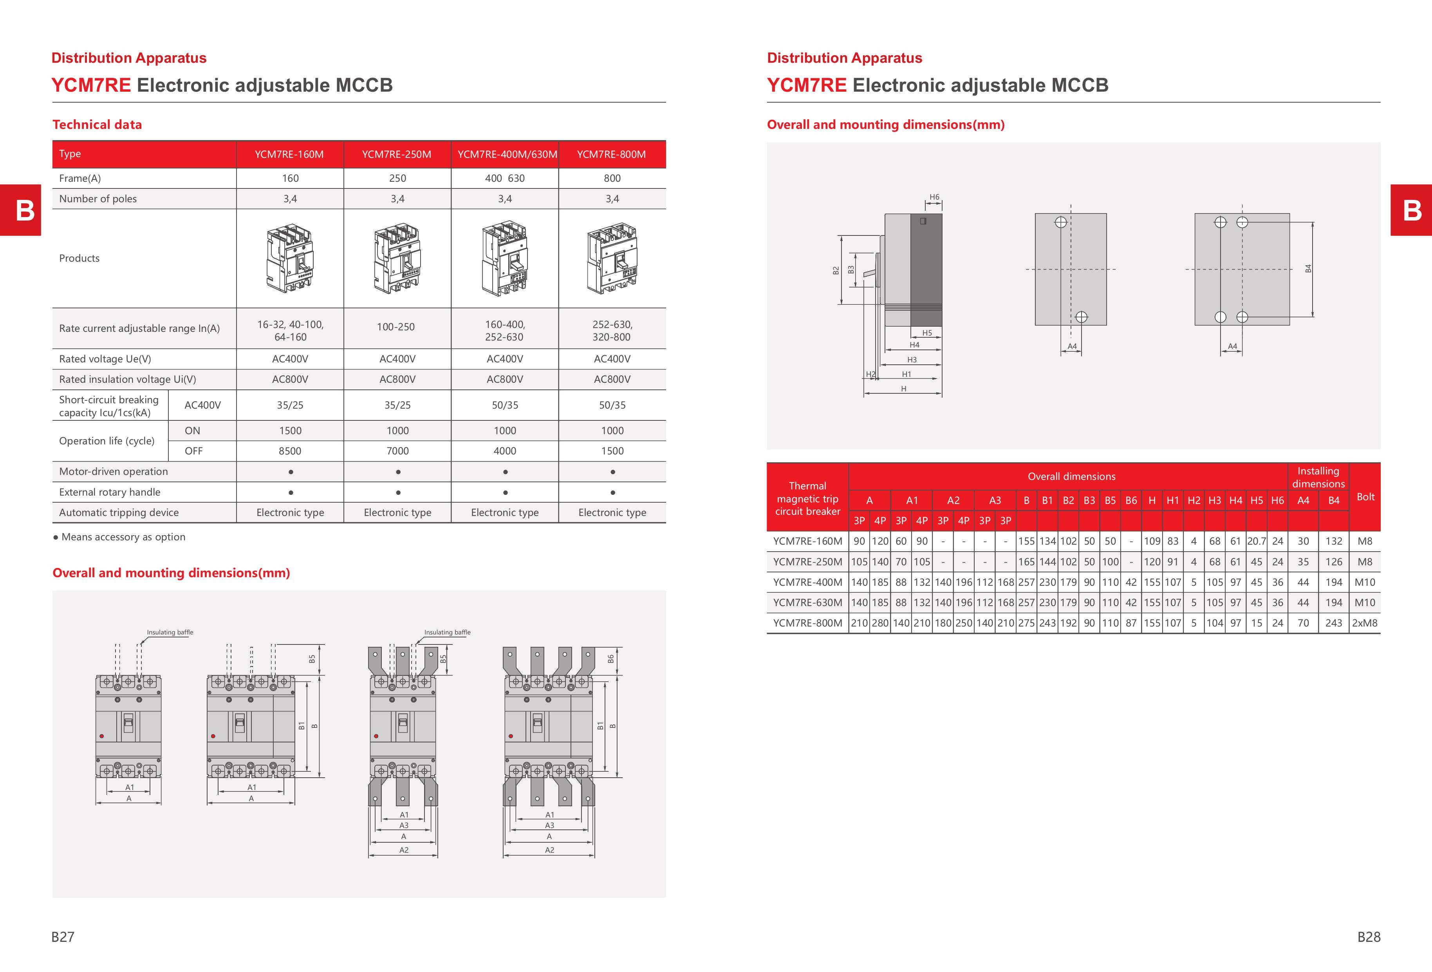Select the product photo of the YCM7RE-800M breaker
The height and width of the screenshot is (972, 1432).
[612, 258]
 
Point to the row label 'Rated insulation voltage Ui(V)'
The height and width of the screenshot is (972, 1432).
[128, 379]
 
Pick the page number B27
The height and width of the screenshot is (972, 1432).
[63, 937]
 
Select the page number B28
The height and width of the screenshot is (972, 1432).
[1369, 937]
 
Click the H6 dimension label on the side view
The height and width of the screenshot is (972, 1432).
[934, 197]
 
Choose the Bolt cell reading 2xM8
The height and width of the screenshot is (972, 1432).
[1364, 623]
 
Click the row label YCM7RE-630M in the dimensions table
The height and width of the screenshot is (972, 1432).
[807, 603]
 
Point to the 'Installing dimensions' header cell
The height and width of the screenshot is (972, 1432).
[1318, 477]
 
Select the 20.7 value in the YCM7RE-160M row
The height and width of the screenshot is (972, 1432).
[1257, 541]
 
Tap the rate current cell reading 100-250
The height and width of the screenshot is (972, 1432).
[396, 327]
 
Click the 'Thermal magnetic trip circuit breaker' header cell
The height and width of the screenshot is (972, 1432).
[807, 498]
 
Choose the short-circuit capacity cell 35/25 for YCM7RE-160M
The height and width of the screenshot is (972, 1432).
[290, 405]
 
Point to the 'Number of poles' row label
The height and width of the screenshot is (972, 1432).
[98, 199]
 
